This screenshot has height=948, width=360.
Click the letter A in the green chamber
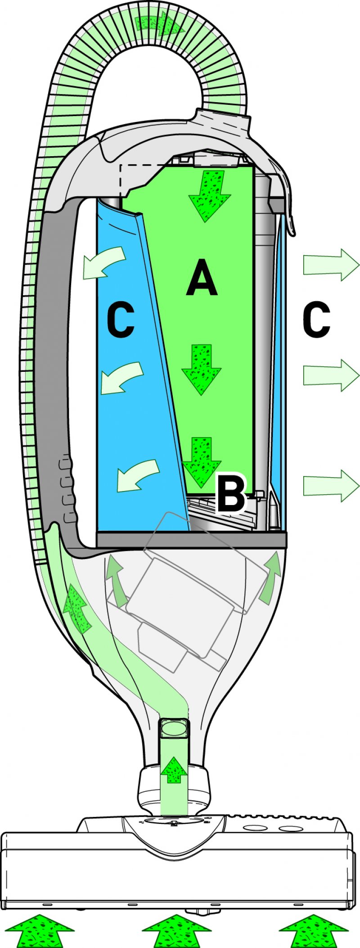tap(202, 279)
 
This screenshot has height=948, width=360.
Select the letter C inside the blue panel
tap(121, 321)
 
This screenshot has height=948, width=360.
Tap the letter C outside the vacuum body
tap(316, 321)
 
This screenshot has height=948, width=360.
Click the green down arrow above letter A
tap(209, 195)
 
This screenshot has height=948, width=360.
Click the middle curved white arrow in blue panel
tap(121, 378)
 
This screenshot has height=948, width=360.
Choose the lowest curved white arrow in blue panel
tap(137, 474)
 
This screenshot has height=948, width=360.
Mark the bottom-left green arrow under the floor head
tap(40, 931)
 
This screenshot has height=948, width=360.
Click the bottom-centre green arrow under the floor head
tap(176, 931)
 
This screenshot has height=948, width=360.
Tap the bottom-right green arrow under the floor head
tap(314, 931)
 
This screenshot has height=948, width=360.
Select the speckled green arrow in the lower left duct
tap(77, 609)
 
